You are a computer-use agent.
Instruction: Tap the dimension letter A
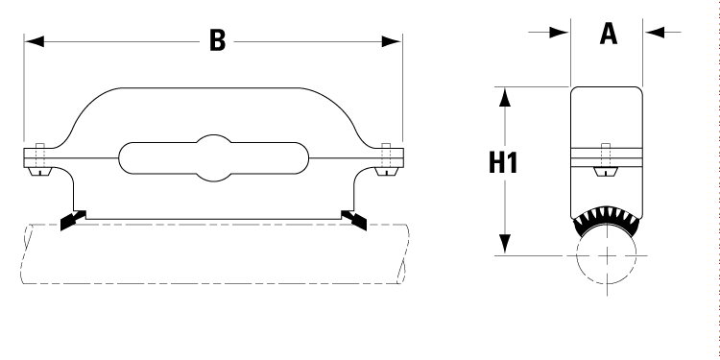[x=608, y=34]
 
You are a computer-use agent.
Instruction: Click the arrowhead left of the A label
[x=561, y=33]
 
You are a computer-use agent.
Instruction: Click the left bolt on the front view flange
[x=38, y=159]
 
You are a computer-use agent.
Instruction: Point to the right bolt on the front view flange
[x=387, y=159]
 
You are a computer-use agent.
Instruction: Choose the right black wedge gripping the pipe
[x=357, y=220]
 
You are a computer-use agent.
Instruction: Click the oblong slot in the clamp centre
[x=213, y=156]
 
